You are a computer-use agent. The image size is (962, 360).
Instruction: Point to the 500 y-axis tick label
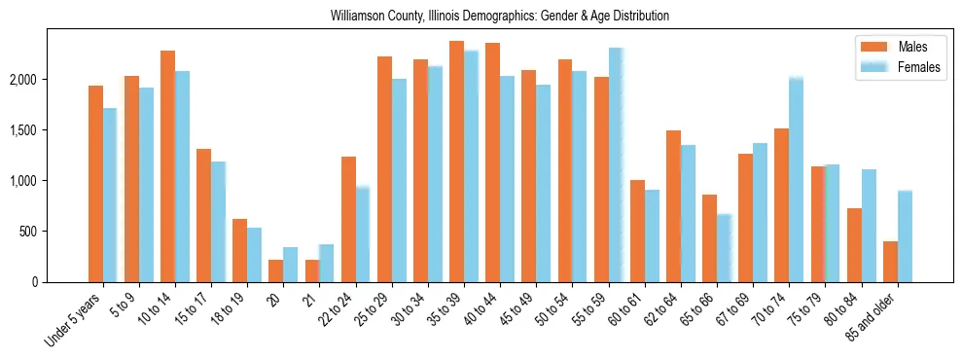point(57,232)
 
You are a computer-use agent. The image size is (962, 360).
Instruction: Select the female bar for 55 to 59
point(616,165)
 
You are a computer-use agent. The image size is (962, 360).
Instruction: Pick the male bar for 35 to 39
point(456,162)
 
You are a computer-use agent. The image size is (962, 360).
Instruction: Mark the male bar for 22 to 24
point(348,220)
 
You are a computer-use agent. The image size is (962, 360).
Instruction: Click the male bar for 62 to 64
point(673,206)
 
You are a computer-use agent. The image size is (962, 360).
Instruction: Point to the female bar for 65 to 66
point(724,248)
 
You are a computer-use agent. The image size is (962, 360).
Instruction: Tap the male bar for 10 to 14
point(167,166)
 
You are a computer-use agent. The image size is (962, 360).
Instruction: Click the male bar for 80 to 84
point(854,245)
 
